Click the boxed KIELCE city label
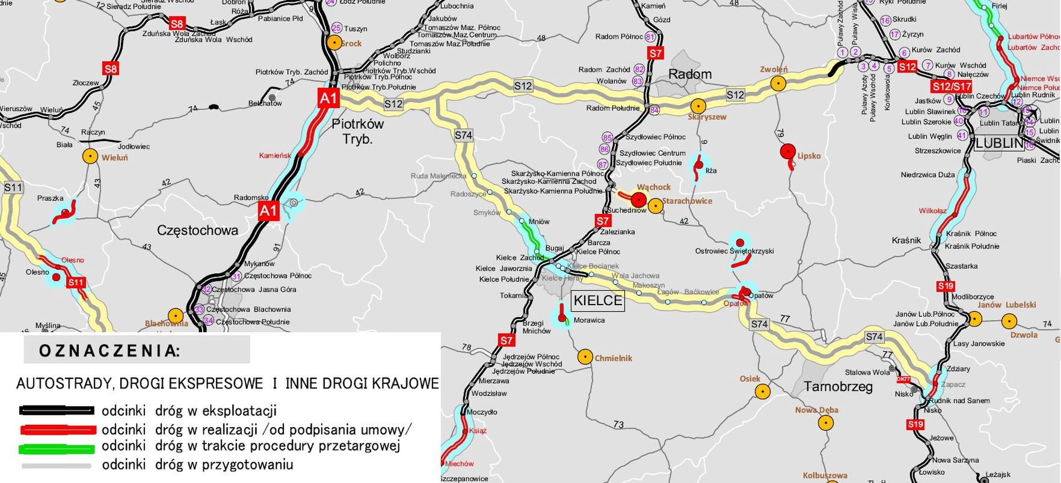point(598,300)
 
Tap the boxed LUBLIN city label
point(999,143)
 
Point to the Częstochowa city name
point(197,230)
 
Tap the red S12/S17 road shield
point(952,87)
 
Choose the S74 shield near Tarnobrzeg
point(874,337)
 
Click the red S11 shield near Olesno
point(76,282)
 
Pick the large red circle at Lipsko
point(787,151)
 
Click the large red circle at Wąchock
point(639,199)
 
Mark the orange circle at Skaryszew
point(698,105)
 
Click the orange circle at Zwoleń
point(779,83)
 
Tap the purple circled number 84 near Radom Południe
point(654,110)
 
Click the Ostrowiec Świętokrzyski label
point(734,251)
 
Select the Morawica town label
point(589,320)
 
